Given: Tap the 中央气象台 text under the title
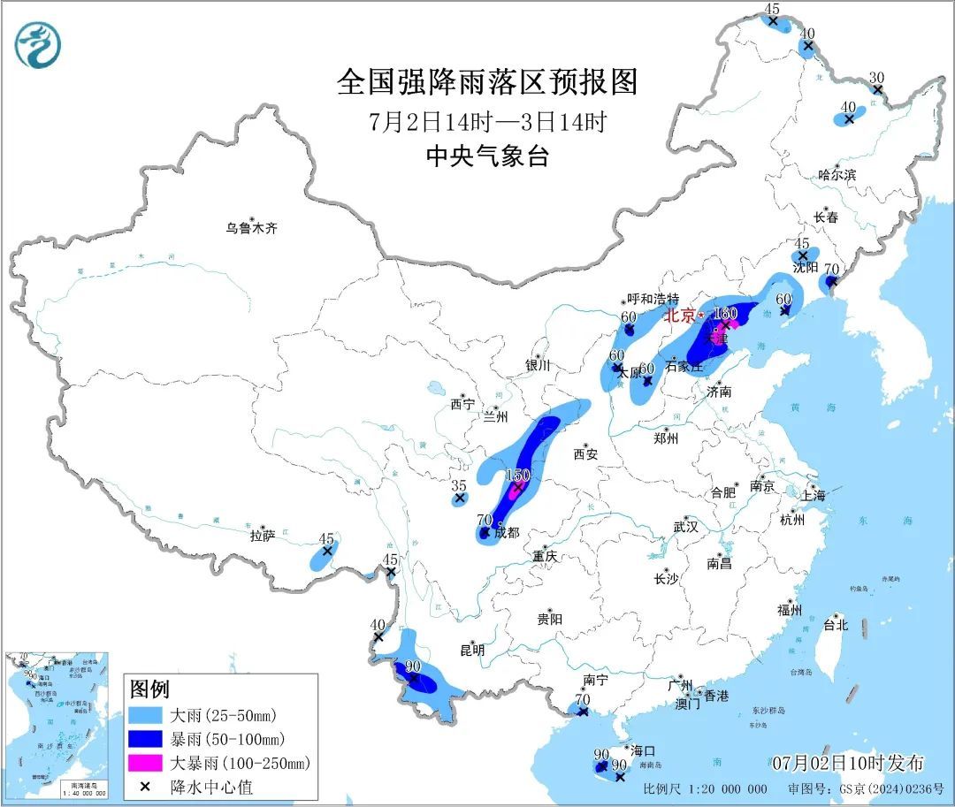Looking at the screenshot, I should (487, 156).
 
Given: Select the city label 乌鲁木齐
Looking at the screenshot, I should (251, 228).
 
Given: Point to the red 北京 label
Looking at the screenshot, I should (681, 316).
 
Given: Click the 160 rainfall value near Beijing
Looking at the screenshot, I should (725, 313).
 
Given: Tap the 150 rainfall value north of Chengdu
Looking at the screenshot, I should (517, 476).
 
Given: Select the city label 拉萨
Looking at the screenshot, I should (263, 535).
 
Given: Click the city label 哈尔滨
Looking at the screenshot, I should (837, 175).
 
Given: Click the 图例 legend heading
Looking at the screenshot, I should (149, 689).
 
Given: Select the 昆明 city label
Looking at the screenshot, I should (473, 650).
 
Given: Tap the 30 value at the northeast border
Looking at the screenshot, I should (876, 77).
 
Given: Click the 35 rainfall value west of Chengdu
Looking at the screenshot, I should (458, 485).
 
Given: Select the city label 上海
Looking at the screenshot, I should (814, 495).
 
